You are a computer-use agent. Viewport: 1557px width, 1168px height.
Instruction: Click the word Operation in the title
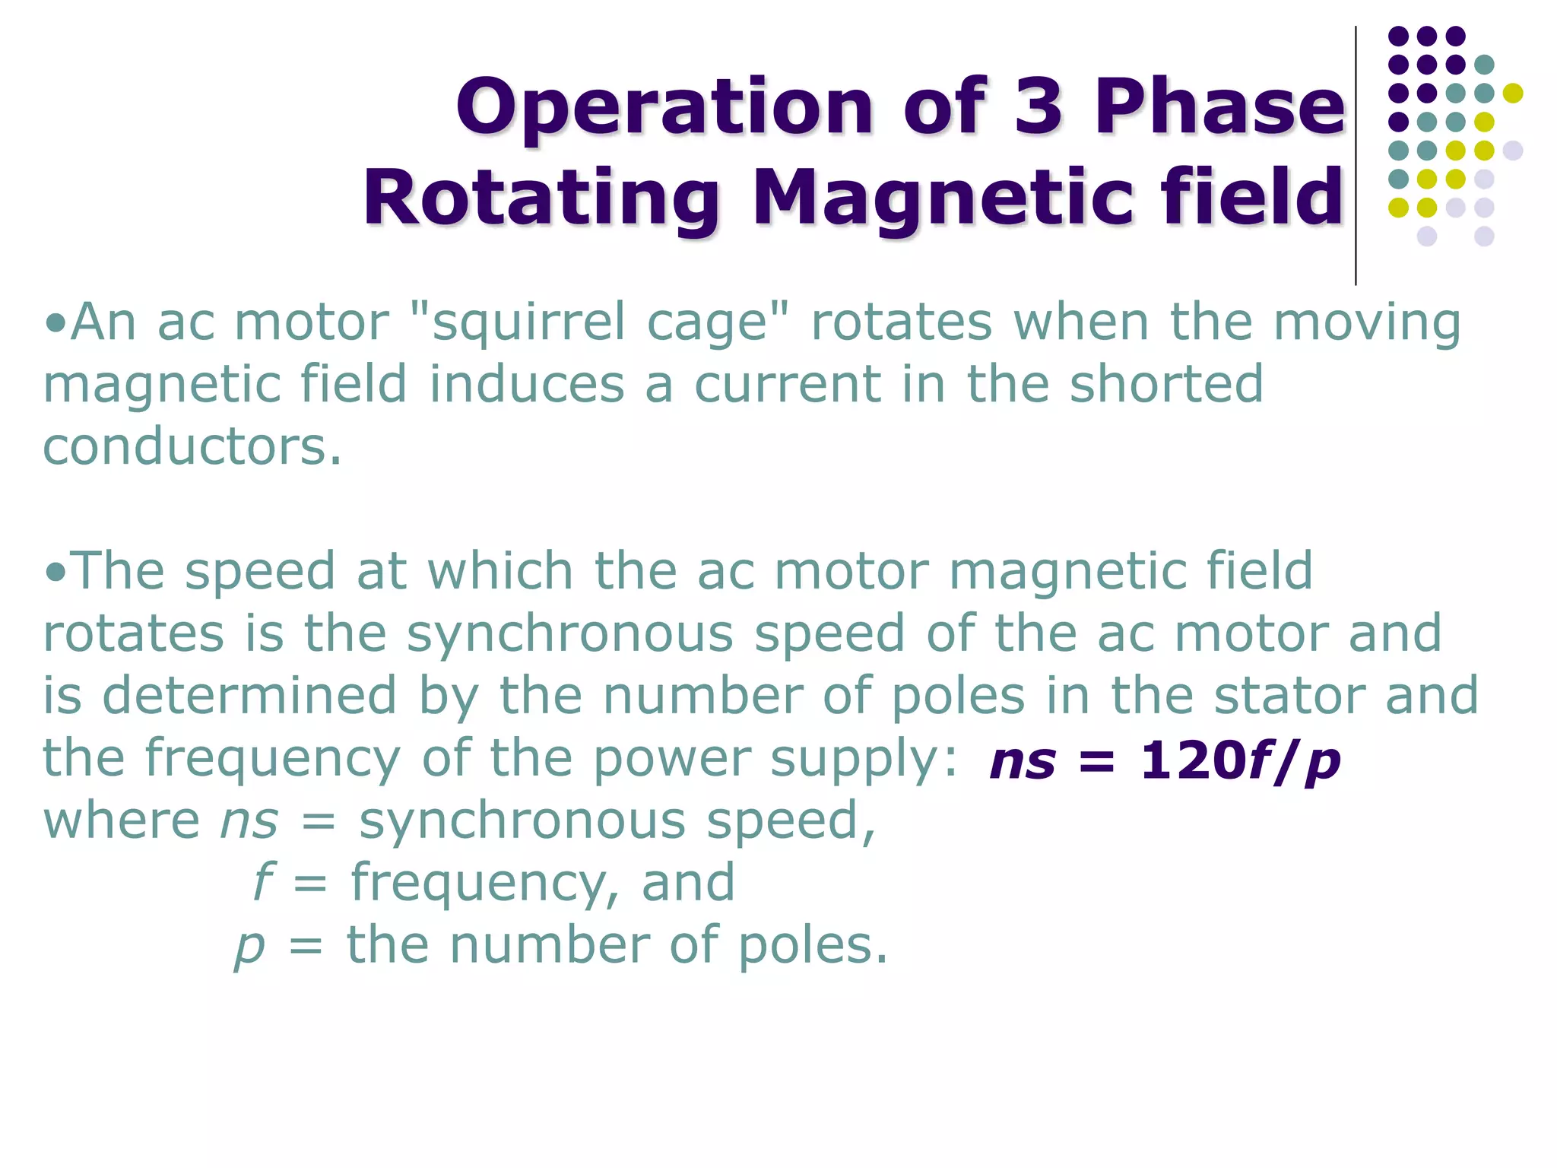[664, 108]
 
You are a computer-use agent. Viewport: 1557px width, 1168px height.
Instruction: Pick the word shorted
[1166, 384]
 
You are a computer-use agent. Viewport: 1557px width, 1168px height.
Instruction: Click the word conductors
[192, 446]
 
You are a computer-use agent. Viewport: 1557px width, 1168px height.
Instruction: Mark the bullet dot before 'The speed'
[55, 572]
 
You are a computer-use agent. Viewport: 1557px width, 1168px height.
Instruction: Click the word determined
[249, 696]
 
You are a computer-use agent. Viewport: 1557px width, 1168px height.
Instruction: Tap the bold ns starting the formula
[1023, 761]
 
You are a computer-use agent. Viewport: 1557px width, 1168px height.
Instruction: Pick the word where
[122, 820]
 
